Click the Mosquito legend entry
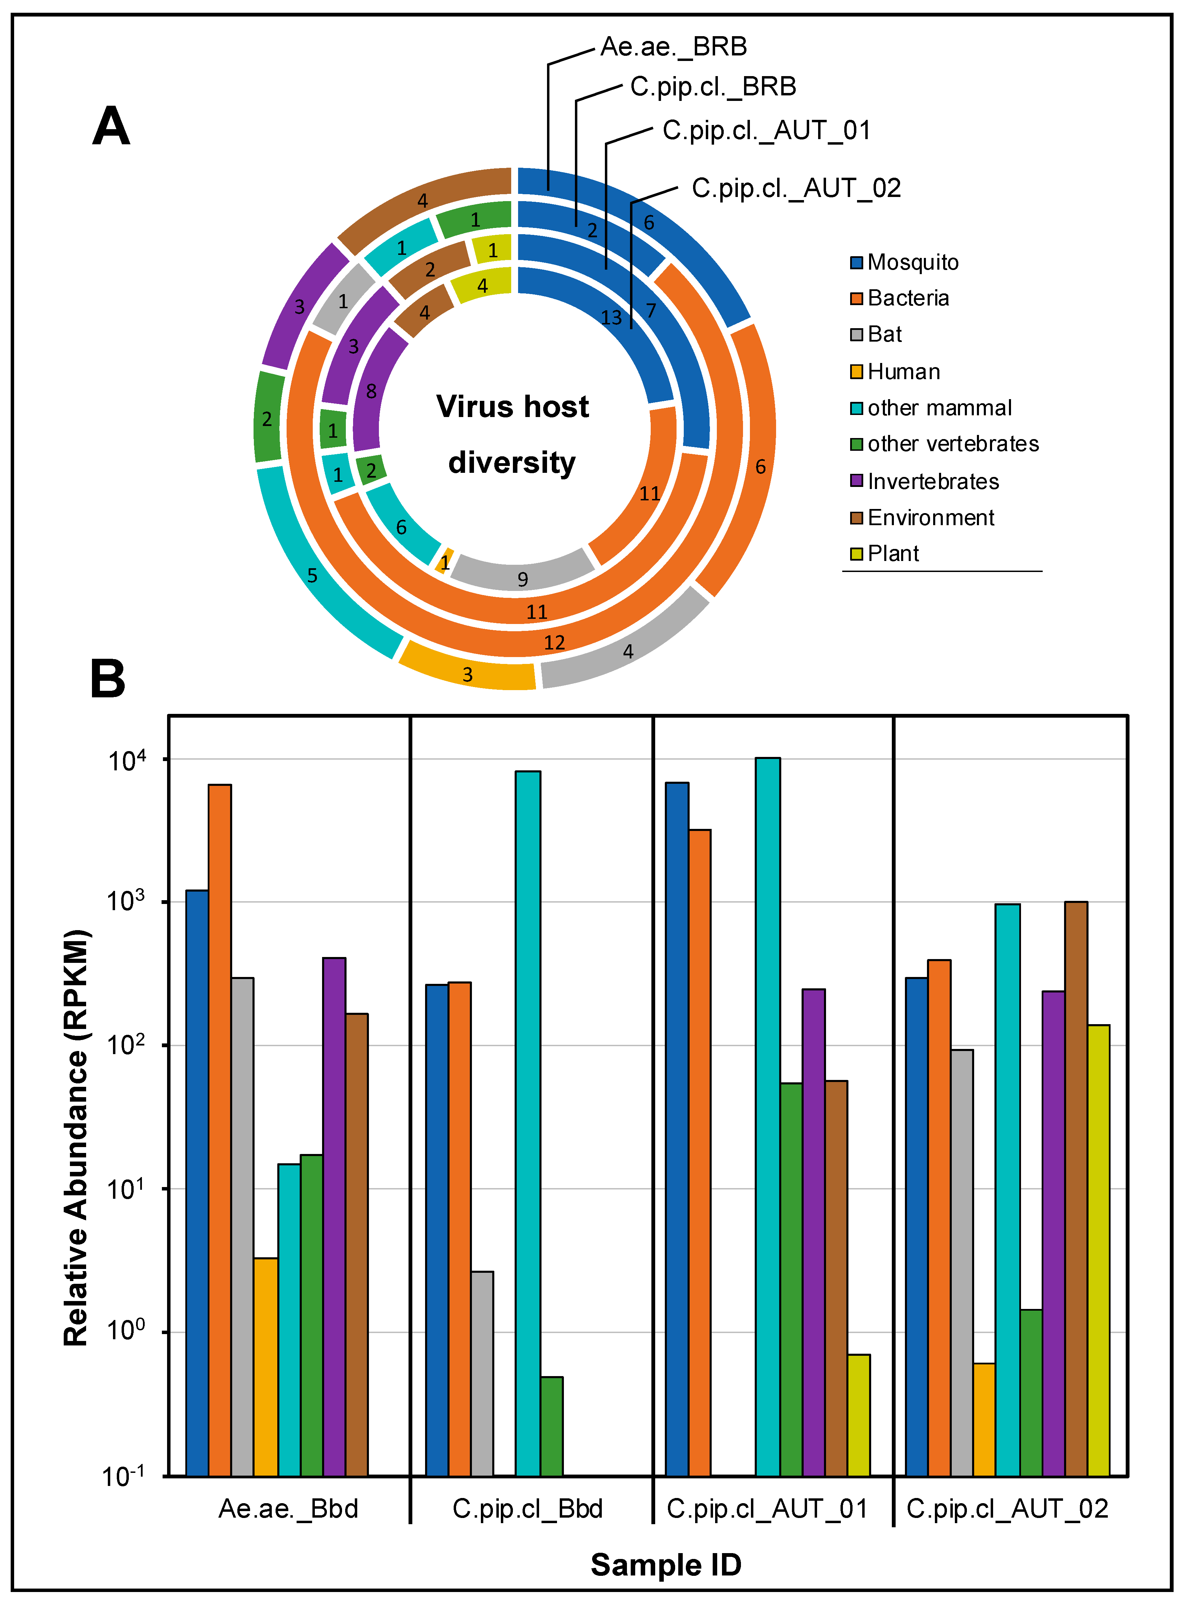(912, 263)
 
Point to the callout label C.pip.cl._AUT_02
(795, 188)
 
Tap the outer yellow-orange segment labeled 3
(467, 673)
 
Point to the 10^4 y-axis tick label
(127, 761)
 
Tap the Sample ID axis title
(666, 1565)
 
